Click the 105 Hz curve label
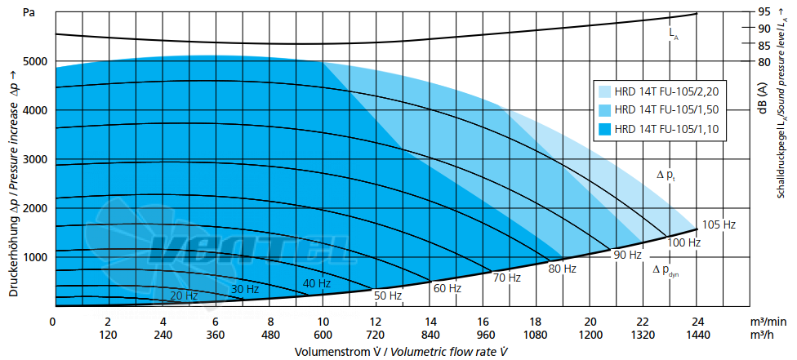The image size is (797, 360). (x=719, y=224)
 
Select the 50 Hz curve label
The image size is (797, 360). (x=389, y=296)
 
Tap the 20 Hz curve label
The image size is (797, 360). (x=184, y=296)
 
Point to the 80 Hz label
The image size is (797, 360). (x=562, y=269)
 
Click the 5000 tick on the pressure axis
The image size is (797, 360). (x=35, y=61)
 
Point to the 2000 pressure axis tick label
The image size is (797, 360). (x=35, y=208)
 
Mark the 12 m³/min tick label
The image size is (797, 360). (x=376, y=322)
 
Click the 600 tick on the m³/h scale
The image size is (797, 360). (x=323, y=335)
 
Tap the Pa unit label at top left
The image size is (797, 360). (x=29, y=13)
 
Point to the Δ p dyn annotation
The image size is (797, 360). (x=666, y=271)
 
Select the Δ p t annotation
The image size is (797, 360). (x=666, y=176)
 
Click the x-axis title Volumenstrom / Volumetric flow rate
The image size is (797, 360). (x=402, y=351)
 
